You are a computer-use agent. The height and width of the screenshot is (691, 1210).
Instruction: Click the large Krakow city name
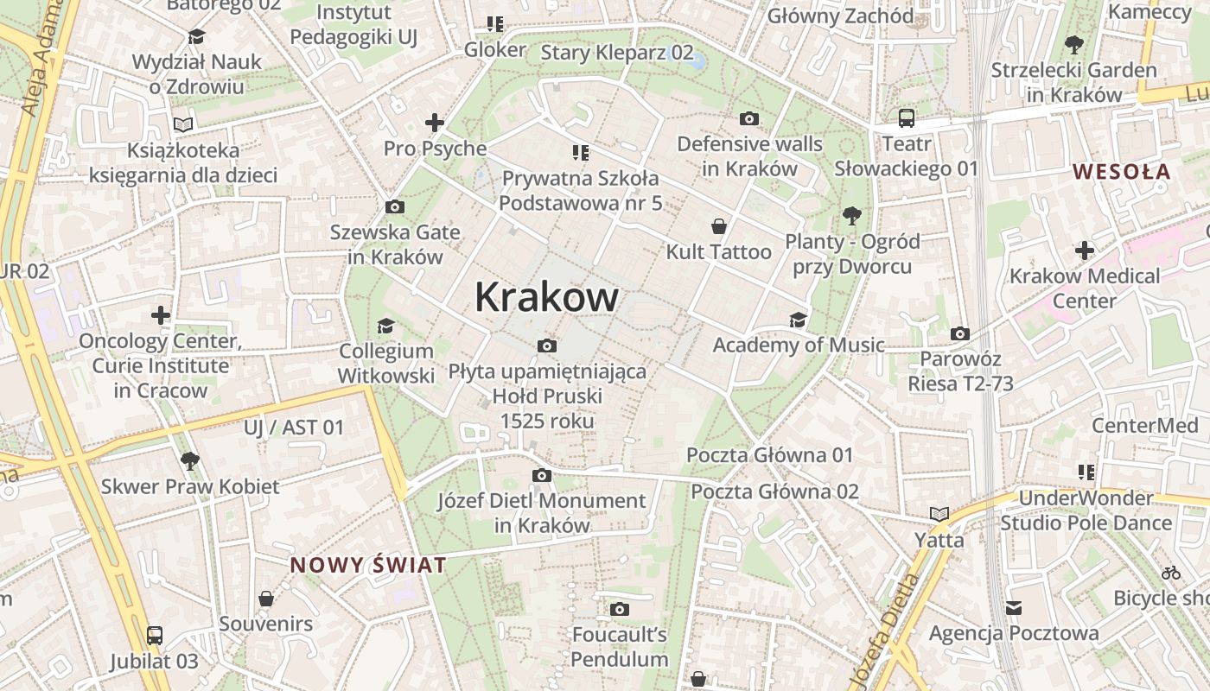[x=546, y=297]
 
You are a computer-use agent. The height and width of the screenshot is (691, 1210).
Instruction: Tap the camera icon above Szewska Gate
[x=395, y=207]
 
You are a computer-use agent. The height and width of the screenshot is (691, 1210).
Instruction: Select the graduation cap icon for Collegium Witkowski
[x=385, y=326]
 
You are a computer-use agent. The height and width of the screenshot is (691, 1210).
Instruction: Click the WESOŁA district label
[x=1122, y=171]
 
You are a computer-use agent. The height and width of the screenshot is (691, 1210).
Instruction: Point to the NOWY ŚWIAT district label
[x=368, y=566]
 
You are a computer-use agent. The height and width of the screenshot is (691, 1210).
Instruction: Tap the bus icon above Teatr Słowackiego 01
[x=906, y=118]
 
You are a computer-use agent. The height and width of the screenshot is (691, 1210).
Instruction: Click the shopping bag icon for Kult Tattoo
[x=718, y=226]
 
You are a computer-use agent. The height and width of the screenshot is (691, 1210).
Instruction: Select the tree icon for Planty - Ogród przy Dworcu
[x=852, y=216]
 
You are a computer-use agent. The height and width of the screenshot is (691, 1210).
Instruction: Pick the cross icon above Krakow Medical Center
[x=1085, y=250]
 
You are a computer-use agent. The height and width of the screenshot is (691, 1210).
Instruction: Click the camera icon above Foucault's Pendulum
[x=619, y=610]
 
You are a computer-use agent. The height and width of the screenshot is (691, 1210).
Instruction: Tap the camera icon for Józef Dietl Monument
[x=542, y=475]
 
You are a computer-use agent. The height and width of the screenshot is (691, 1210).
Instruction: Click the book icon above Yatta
[x=939, y=514]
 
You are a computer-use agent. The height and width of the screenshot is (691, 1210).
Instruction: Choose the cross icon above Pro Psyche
[x=435, y=123]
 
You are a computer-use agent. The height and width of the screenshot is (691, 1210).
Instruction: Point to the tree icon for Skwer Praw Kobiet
[x=190, y=460]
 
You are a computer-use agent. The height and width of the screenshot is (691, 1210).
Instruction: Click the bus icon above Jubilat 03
[x=154, y=637]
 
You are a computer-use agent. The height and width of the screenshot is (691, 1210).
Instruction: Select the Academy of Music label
[x=798, y=345]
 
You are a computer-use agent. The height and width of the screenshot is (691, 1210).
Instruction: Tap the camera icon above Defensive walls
[x=749, y=118]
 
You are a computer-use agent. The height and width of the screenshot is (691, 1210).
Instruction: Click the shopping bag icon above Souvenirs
[x=266, y=598]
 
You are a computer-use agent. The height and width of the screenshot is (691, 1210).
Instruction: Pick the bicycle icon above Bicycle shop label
[x=1171, y=572]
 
